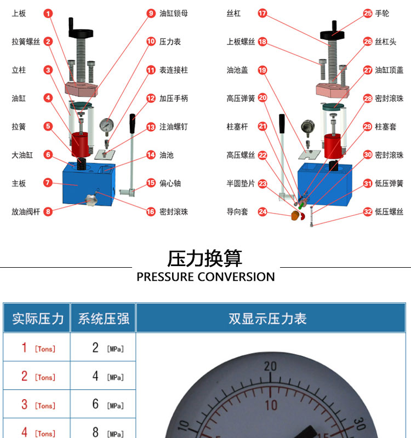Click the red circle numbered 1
(48, 13)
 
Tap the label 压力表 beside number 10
(170, 42)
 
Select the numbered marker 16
(151, 211)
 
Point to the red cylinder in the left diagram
(80, 145)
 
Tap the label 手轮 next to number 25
(382, 13)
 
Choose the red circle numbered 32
(368, 211)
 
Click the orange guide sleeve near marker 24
(295, 215)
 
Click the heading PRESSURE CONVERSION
(206, 276)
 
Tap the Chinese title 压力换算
(204, 258)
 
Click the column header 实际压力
(38, 319)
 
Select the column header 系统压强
(104, 319)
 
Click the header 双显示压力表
(267, 319)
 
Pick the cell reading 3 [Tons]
(38, 404)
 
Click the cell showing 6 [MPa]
(107, 404)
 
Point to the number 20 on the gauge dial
(270, 366)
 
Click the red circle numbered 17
(262, 13)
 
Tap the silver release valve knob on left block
(91, 199)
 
